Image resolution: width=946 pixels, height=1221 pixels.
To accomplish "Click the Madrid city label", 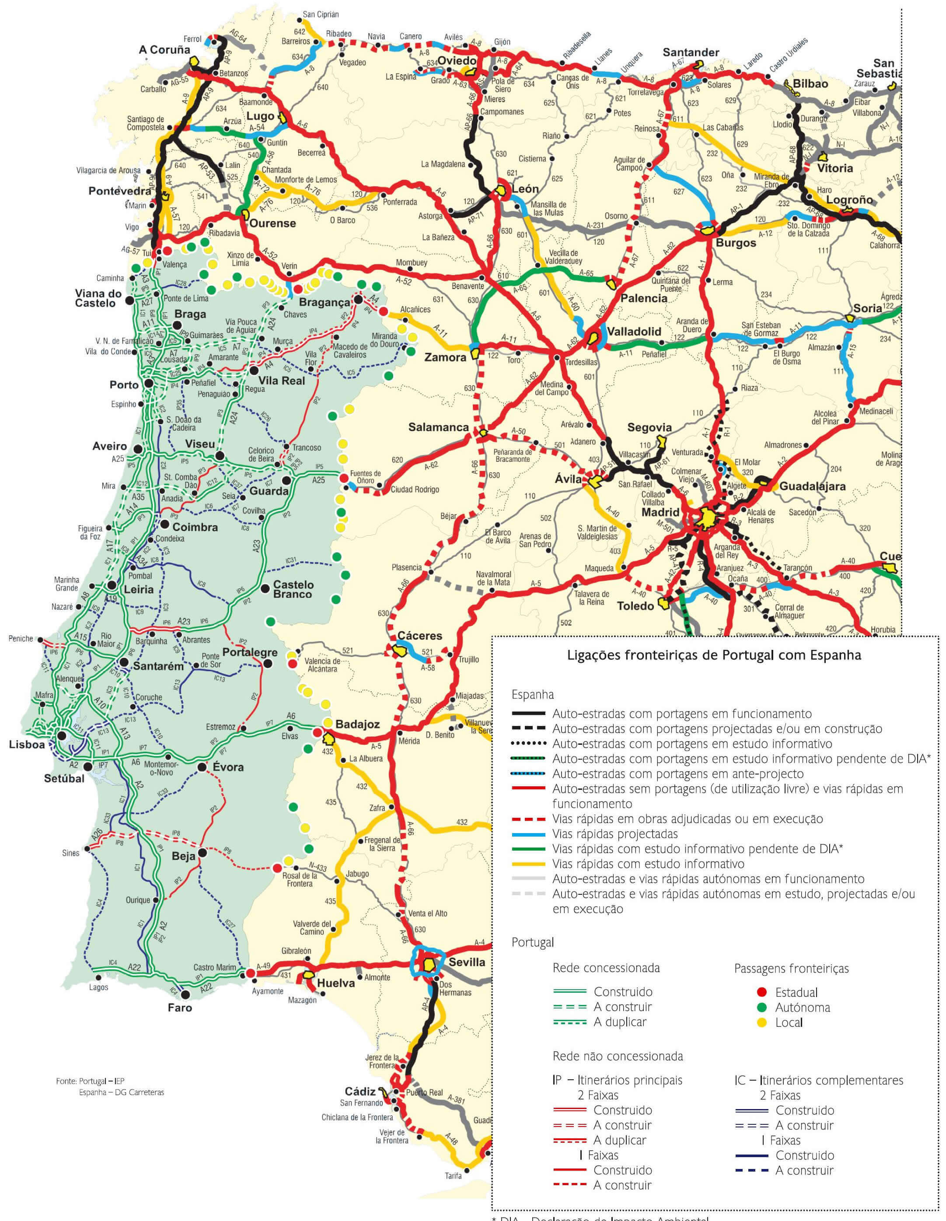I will coord(660,512).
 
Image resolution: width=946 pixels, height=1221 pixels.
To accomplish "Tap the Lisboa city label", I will coord(27,745).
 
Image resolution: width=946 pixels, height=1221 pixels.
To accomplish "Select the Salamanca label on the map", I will coord(438,427).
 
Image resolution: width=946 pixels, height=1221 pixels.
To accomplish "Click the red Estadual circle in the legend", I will coord(761,992).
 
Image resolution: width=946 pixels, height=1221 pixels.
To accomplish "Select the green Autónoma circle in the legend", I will coord(761,1008).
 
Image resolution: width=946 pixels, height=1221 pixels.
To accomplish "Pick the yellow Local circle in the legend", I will coord(761,1022).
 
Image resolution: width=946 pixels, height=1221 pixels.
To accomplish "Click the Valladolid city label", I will coord(634,331).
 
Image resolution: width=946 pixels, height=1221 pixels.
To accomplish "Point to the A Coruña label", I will coord(164,50).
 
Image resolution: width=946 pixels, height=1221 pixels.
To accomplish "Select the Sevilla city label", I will coord(467,962).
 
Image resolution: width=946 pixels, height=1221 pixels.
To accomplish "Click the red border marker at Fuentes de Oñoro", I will coord(343,478).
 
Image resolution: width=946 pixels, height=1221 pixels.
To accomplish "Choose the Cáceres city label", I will coord(419,636).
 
